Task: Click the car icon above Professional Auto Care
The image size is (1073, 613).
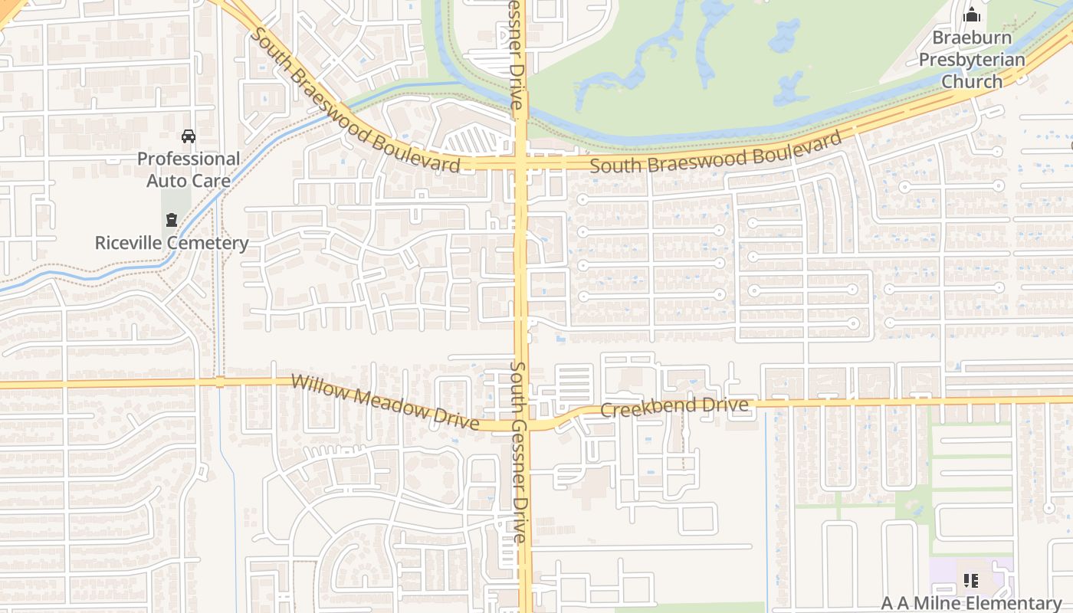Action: click(188, 136)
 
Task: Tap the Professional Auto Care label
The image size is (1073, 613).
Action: click(189, 170)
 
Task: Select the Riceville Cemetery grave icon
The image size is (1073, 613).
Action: click(171, 220)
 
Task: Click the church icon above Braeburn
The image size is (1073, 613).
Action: click(972, 15)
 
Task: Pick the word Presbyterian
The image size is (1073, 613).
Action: click(972, 60)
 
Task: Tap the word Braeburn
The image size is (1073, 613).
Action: click(972, 38)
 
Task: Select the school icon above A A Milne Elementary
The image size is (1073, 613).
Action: click(970, 581)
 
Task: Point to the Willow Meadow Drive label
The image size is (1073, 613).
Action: click(385, 402)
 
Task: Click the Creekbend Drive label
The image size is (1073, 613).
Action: click(674, 407)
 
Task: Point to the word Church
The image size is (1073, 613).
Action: click(972, 81)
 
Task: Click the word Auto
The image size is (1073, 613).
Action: click(168, 181)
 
